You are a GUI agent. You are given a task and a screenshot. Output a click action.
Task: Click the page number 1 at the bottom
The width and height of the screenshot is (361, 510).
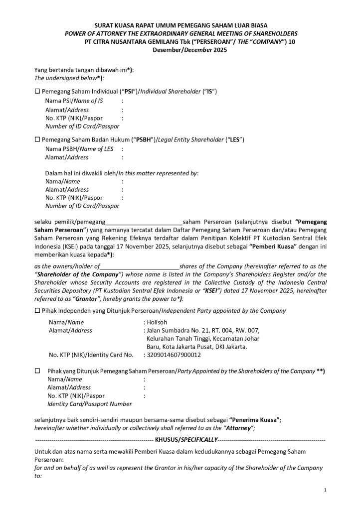tap(325, 491)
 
